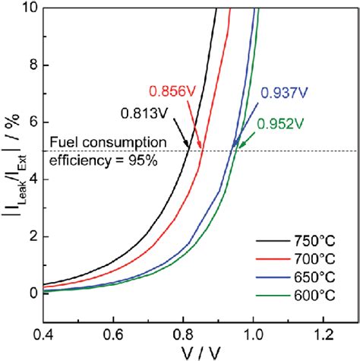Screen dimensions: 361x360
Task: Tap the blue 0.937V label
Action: point(284,93)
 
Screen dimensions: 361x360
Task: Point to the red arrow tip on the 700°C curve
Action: point(202,150)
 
